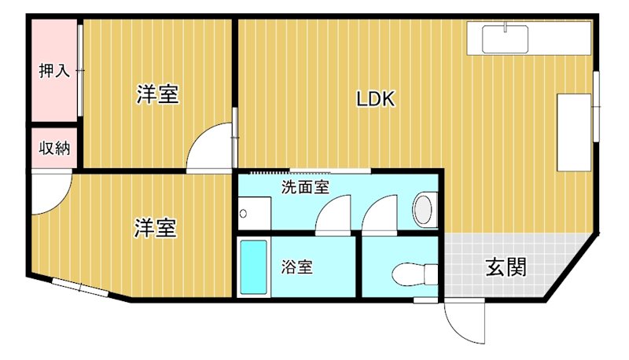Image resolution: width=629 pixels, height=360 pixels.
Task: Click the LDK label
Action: pos(375,100)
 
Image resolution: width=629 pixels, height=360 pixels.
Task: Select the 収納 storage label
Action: pos(54,147)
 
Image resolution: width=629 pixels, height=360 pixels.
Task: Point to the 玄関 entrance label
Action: pos(505,267)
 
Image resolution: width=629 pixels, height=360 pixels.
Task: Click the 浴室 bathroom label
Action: pos(297,266)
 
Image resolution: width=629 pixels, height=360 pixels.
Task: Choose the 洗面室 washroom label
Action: pos(305,188)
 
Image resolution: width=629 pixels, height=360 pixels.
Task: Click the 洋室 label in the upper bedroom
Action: pos(157,95)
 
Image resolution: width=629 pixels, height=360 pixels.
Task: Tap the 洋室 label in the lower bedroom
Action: pos(155,228)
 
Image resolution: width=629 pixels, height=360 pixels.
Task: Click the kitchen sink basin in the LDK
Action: pos(504,38)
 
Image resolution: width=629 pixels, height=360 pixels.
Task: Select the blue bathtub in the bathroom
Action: pos(253,267)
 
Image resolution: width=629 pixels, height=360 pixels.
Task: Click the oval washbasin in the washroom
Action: pos(424,211)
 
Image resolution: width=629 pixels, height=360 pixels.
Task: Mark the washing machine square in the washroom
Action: pos(254,214)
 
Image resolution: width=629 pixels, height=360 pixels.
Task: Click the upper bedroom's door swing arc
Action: pos(210,149)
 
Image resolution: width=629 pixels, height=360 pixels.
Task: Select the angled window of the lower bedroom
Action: pos(80,288)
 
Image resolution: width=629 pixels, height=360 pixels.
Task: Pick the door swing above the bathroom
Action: pos(333,215)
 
